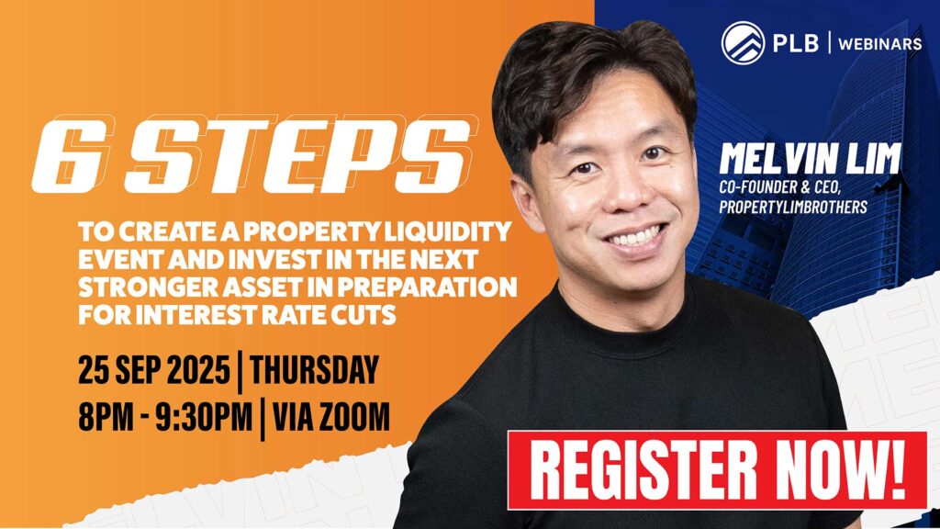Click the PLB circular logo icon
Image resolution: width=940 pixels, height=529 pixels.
743,42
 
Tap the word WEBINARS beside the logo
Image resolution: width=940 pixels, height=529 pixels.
880,44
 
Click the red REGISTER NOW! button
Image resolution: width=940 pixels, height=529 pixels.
717,470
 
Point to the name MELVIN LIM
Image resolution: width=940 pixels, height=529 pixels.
810,159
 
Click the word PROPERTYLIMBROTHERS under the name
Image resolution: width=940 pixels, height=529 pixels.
793,207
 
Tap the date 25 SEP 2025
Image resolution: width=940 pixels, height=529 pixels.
153,369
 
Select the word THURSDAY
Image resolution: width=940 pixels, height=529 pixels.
314,369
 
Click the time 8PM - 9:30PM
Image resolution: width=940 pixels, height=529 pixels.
165,417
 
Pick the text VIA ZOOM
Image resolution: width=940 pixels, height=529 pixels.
330,417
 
